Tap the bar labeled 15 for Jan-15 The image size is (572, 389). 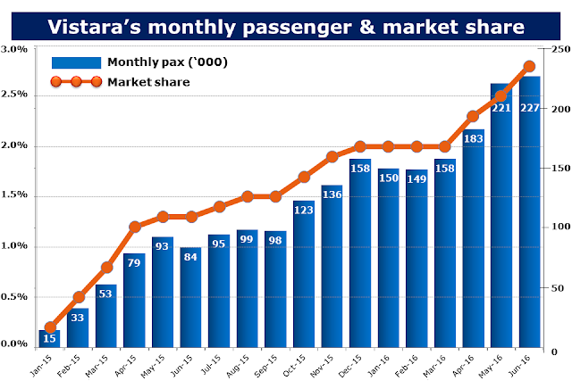click(x=49, y=338)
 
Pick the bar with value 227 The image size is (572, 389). click(x=529, y=214)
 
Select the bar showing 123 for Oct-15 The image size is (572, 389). click(x=304, y=277)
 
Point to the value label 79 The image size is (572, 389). click(x=134, y=262)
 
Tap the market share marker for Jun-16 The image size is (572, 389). click(x=529, y=66)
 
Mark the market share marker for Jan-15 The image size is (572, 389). click(x=49, y=327)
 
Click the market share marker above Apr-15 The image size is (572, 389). click(x=134, y=227)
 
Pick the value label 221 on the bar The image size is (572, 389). click(x=500, y=108)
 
